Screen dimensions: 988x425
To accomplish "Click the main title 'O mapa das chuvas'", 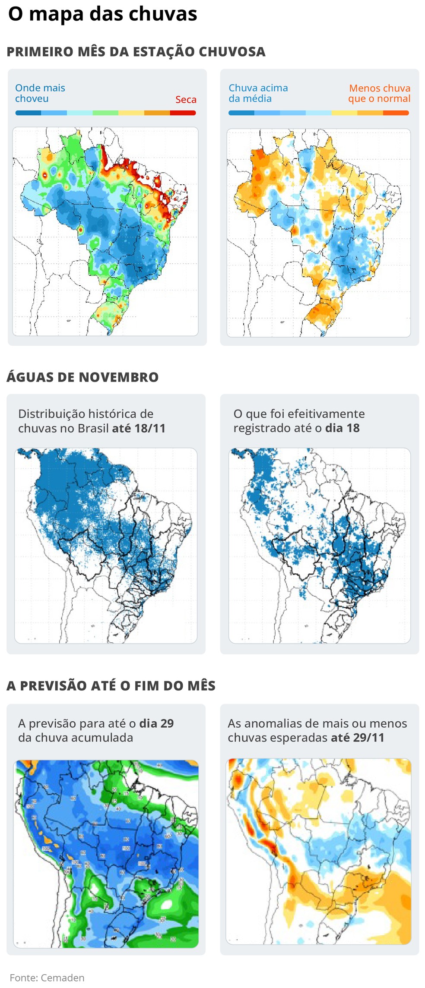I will [x=103, y=14].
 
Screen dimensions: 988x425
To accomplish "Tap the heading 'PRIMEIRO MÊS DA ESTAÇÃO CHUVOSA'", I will [x=136, y=52].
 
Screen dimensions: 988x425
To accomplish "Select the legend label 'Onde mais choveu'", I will [x=40, y=93].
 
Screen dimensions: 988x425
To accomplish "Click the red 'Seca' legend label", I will [x=186, y=100].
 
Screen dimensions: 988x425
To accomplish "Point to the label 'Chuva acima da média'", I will [x=258, y=93].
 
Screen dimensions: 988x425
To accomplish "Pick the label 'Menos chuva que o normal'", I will [x=379, y=93].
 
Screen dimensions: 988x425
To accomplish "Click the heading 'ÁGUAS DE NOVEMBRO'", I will [x=82, y=377].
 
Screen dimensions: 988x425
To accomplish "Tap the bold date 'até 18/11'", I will [x=139, y=428].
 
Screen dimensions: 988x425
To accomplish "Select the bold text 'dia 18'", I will [x=342, y=428].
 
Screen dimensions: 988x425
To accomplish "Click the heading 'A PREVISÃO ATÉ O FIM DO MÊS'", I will [x=111, y=686].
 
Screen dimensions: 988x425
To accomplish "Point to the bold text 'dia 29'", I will [x=156, y=723].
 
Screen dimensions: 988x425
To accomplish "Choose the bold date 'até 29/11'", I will [x=358, y=738].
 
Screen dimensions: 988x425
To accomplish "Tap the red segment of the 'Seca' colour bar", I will [x=183, y=113].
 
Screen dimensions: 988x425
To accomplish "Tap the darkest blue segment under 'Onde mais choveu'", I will [x=28, y=113].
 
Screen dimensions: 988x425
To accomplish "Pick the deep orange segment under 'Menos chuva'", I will [x=396, y=113].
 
